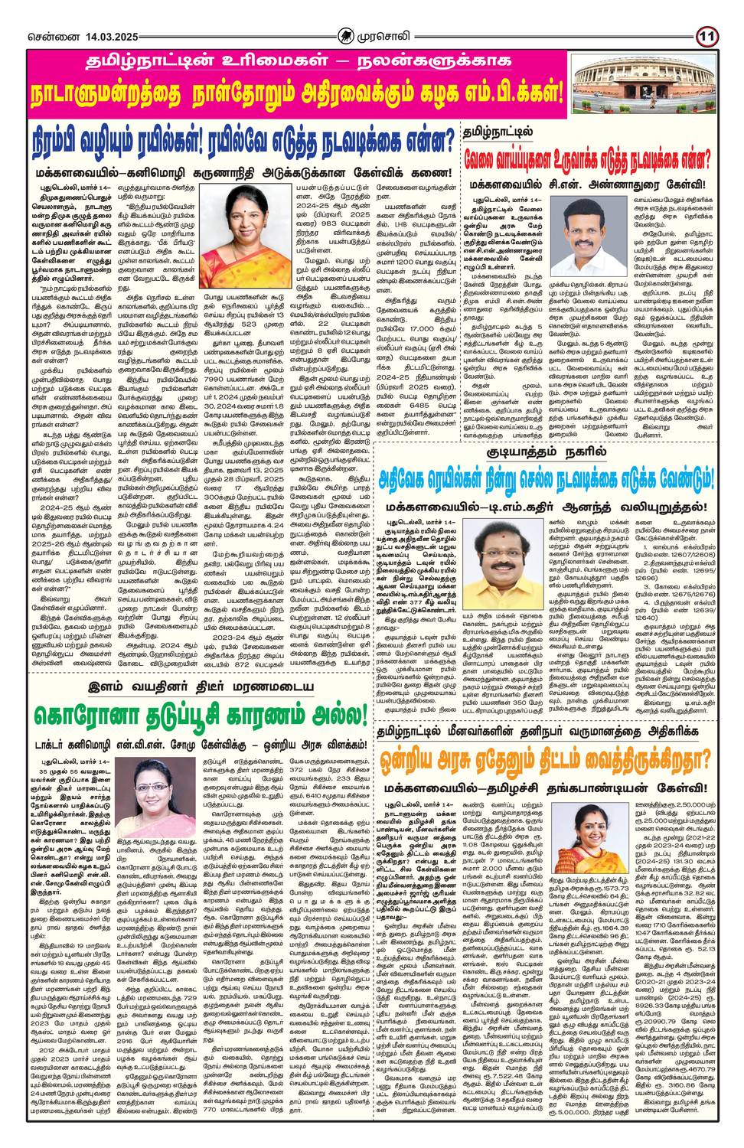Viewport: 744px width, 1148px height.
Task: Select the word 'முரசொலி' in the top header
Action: point(387,36)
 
